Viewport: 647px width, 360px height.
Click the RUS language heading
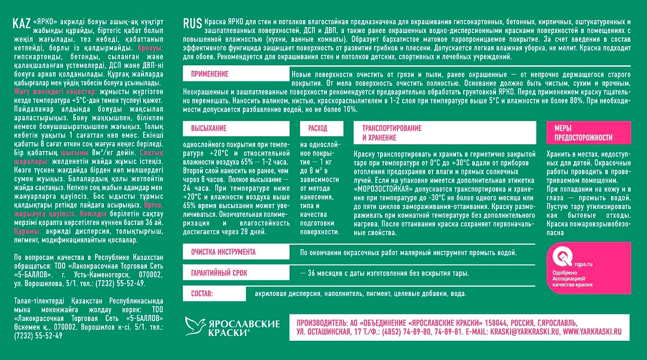coord(192,23)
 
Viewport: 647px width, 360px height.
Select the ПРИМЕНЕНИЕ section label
coord(210,74)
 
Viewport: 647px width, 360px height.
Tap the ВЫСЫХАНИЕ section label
coord(209,128)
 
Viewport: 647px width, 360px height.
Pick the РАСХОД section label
coord(317,128)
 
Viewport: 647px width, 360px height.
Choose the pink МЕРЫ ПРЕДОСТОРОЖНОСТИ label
coord(583,133)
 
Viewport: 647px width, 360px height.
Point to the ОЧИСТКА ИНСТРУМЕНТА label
coord(223,252)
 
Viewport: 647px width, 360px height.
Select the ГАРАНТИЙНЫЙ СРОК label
coord(219,273)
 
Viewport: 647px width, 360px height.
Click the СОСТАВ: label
coord(202,294)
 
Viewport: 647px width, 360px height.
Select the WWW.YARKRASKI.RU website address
coord(592,331)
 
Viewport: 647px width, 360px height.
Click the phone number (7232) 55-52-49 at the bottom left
coord(38,336)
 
